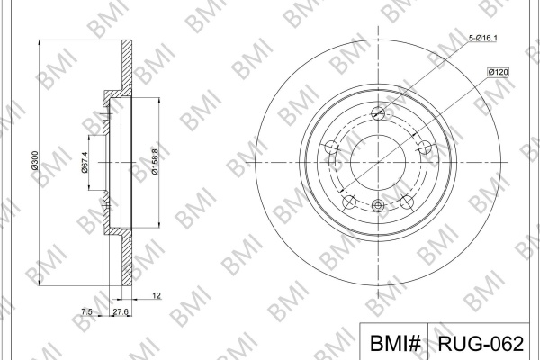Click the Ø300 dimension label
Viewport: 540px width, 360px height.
click(34, 160)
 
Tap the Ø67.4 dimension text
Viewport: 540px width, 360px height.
click(85, 163)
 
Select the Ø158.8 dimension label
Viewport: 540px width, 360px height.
click(155, 162)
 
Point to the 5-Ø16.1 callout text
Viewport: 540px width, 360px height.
click(482, 38)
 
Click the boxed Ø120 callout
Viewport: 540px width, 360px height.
click(498, 72)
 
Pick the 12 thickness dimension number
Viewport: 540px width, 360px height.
click(157, 295)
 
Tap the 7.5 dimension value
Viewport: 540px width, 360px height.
click(86, 311)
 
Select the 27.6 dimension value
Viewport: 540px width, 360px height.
click(121, 311)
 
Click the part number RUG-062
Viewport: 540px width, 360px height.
click(481, 343)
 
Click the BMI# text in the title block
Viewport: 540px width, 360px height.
click(395, 343)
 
